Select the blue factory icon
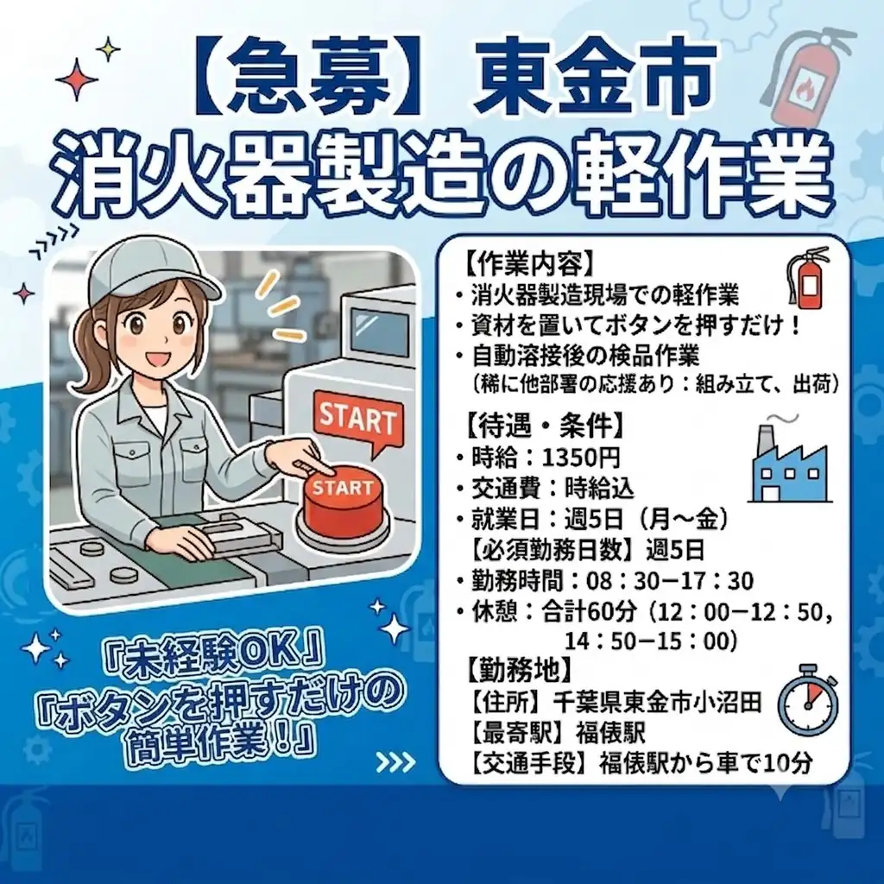[x=790, y=469]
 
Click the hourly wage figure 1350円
[x=581, y=458]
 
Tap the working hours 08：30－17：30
[x=670, y=581]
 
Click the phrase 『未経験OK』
[x=214, y=654]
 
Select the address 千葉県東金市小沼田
[x=657, y=702]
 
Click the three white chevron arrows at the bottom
[x=395, y=763]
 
